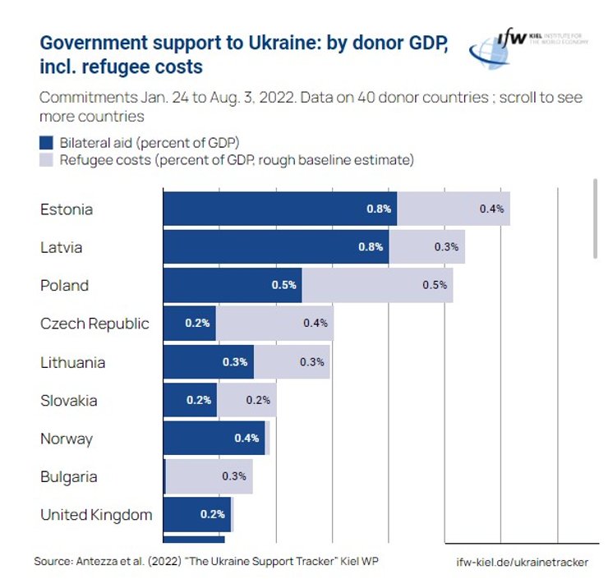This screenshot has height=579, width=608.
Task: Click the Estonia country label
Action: pos(67,209)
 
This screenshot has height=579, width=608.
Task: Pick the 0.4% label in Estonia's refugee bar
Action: pos(491,209)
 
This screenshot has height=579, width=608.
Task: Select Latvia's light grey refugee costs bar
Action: pos(427,247)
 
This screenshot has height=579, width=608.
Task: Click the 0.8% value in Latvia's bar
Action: pos(371,247)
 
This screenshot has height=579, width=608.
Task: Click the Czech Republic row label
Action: pos(94,324)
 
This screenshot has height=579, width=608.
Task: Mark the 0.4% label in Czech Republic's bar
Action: pos(316,324)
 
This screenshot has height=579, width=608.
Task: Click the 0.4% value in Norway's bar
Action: pos(246,439)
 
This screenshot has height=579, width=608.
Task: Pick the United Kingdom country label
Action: pos(96,515)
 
